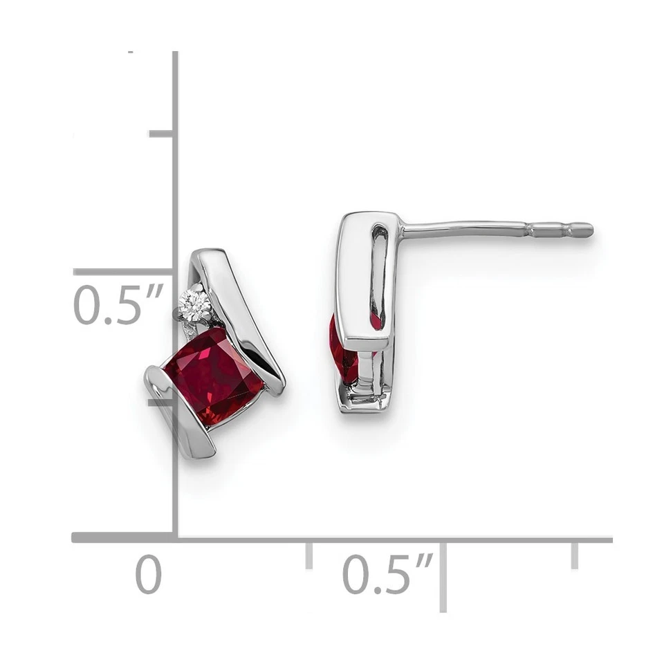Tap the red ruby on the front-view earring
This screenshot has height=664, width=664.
(x=214, y=376)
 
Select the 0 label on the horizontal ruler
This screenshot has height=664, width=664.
(x=148, y=575)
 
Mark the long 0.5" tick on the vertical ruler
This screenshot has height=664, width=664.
(x=124, y=272)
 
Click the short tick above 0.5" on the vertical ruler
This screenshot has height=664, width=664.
(x=161, y=133)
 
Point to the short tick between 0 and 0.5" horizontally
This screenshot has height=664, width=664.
(x=308, y=555)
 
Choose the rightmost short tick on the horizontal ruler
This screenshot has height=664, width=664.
(x=574, y=555)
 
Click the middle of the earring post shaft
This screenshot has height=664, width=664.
(x=470, y=229)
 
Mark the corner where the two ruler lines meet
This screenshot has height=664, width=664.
(x=175, y=537)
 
